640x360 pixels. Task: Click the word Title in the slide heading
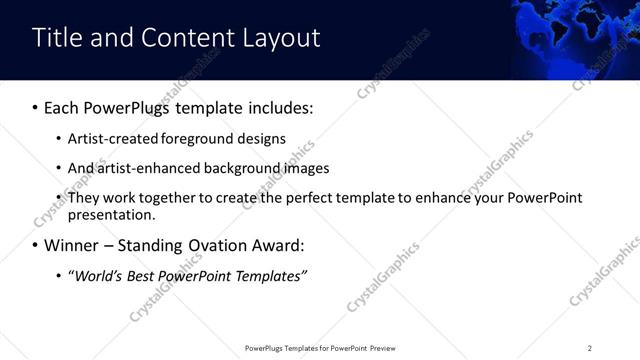pos(56,38)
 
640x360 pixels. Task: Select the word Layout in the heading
pos(282,38)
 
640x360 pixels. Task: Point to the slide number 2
pos(590,348)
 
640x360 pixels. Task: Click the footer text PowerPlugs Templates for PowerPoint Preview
pos(320,348)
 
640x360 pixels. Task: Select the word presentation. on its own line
pos(112,214)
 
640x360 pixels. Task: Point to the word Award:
pos(277,245)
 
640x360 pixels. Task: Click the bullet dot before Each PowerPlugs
pos(36,107)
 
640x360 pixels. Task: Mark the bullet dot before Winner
pos(36,245)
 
